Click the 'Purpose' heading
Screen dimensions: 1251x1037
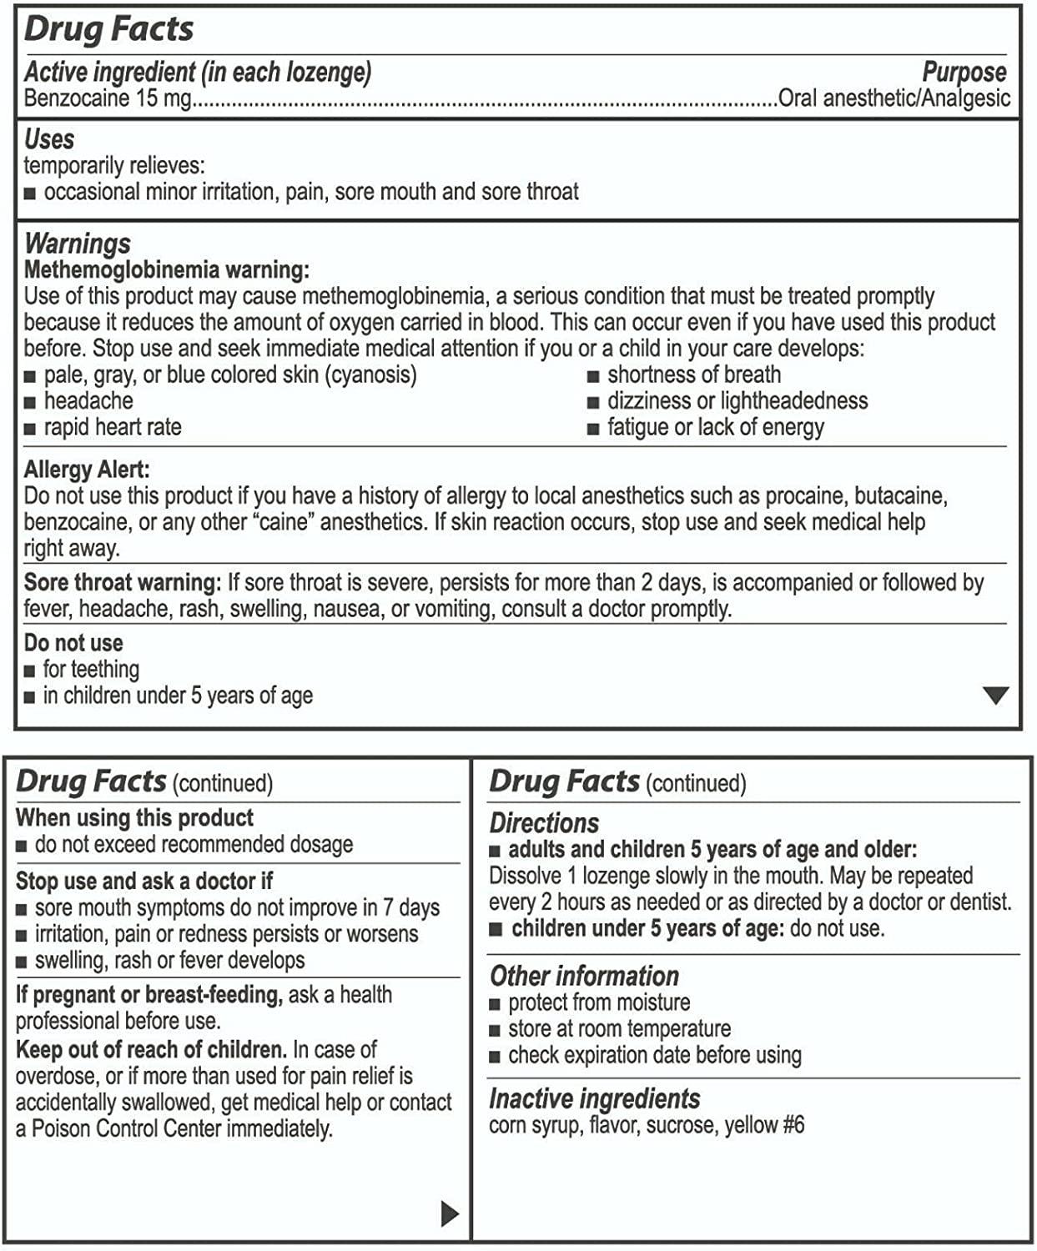point(964,72)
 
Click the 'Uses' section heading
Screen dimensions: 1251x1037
point(49,138)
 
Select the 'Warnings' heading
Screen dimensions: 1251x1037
point(78,243)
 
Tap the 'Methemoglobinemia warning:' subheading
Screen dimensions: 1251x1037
point(167,269)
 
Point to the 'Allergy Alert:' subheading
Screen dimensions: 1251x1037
point(87,470)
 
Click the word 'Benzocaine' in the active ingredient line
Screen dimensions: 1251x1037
point(78,98)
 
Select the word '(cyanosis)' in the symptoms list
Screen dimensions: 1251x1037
point(371,374)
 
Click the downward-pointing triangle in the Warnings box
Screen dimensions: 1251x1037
point(995,695)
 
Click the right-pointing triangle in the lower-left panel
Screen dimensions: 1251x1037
point(450,1213)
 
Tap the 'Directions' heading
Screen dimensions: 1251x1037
point(544,823)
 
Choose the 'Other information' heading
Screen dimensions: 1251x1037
point(584,976)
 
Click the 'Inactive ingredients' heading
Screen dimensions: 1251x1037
point(594,1098)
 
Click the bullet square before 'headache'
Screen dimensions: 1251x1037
point(30,402)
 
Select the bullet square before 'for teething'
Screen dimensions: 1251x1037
point(30,671)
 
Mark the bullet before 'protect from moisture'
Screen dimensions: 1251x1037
point(495,1004)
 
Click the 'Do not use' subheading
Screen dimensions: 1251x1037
point(73,643)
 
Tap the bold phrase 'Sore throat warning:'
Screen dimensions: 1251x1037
point(123,582)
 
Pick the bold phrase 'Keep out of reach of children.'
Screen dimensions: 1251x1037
point(151,1049)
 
